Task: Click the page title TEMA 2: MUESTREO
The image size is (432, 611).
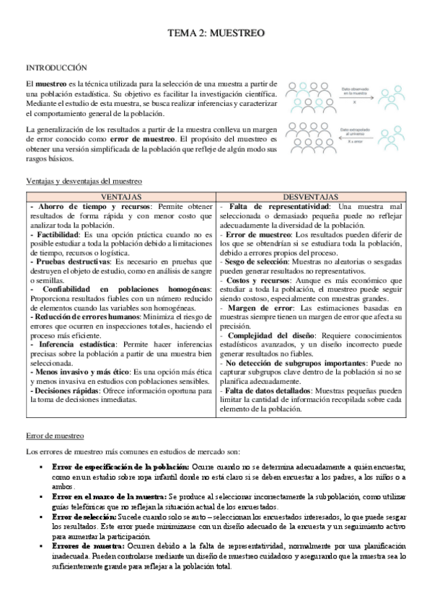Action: [216, 33]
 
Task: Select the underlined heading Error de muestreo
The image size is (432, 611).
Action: [54, 436]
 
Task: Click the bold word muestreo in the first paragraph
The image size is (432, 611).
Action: [51, 86]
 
